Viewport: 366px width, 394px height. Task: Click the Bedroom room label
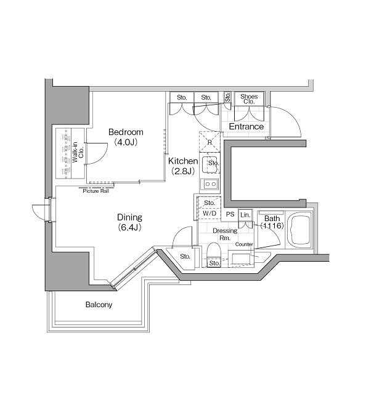point(126,132)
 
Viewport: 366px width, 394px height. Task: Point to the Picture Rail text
point(96,191)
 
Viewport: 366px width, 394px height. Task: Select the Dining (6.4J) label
point(130,222)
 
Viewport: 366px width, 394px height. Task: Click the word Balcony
point(98,305)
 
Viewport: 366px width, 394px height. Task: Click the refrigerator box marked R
point(210,142)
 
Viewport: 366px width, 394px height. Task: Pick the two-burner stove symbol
point(209,183)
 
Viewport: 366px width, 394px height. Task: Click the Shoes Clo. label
point(248,98)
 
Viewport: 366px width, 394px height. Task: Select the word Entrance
point(246,127)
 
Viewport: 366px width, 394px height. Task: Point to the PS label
point(229,214)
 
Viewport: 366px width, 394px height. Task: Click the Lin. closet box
point(245,214)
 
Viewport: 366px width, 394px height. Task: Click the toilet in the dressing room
point(214,252)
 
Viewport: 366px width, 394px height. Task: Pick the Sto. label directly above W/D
point(208,203)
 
